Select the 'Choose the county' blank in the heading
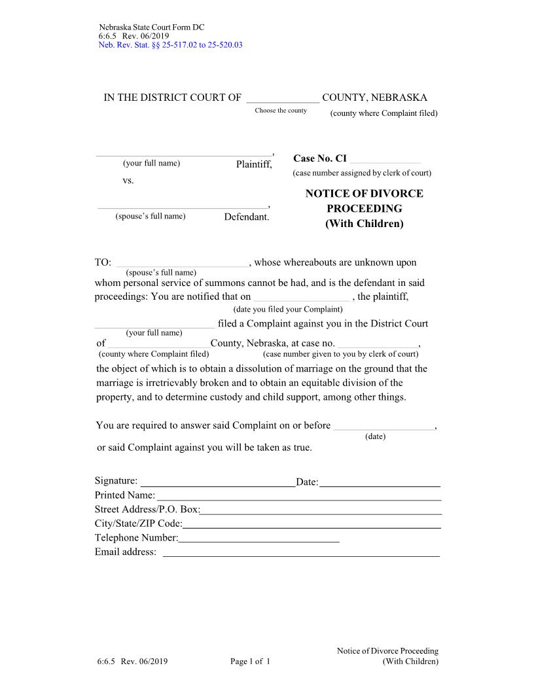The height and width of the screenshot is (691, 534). [283, 98]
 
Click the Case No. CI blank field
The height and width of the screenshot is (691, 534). [385, 158]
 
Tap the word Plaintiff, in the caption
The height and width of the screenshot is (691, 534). [254, 164]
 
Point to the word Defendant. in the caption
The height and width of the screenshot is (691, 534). [247, 217]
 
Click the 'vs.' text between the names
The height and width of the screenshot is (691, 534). [128, 180]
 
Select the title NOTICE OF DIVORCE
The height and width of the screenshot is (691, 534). [364, 194]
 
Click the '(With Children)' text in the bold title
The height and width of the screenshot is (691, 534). [364, 224]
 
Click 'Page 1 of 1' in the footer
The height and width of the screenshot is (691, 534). [250, 662]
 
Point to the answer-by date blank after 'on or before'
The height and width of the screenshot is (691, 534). [383, 426]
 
